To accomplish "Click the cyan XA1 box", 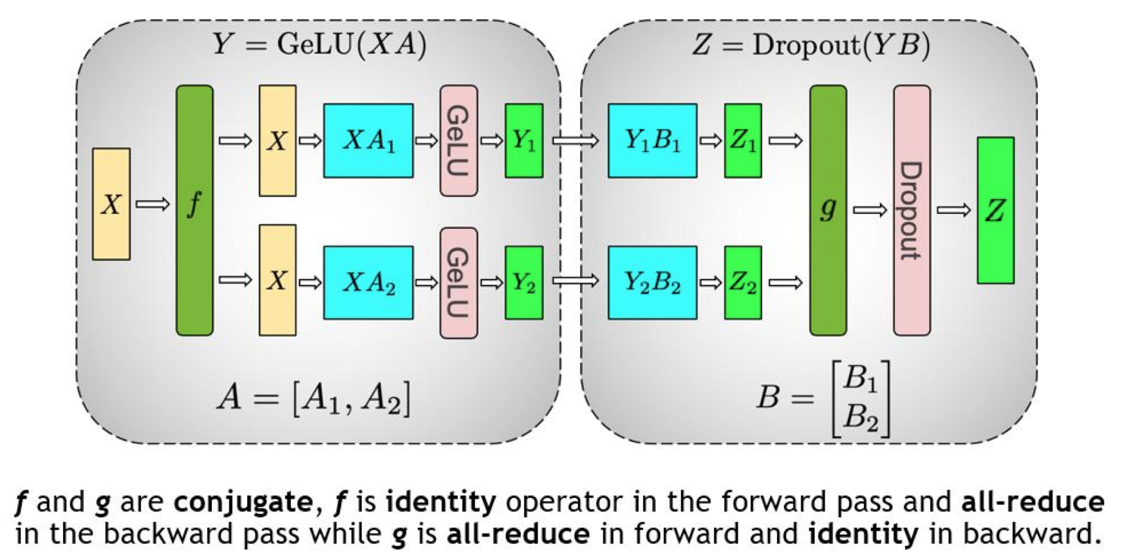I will point(368,140).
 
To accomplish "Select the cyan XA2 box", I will point(368,282).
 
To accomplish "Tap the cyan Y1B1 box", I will point(652,140).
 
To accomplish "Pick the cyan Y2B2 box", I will point(652,282).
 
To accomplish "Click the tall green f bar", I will point(194,210).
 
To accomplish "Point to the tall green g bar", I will point(828,210).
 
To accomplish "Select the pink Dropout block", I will point(912,210).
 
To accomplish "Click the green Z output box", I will point(995,210).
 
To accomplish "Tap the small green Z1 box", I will point(743,140).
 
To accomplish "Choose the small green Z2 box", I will point(743,282).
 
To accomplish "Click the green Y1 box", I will point(524,140).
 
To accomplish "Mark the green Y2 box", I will point(524,282).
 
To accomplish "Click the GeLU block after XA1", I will point(458,140).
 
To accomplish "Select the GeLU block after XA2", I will point(458,282).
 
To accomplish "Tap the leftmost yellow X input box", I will point(111,204).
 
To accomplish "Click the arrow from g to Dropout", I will point(870,209).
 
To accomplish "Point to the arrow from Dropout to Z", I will point(953,209).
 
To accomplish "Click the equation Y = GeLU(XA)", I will point(319,44).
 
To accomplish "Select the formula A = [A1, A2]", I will point(314,398).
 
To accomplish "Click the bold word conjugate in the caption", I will point(243,502).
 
